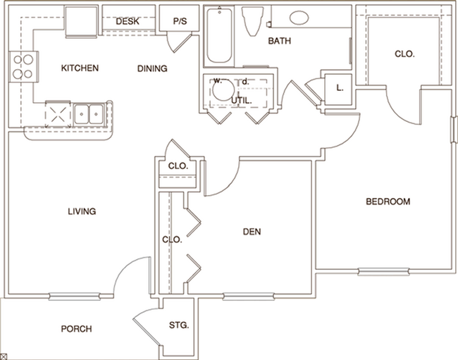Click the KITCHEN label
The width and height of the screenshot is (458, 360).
80,68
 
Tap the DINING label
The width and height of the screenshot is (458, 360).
151,69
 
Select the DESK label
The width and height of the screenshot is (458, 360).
127,21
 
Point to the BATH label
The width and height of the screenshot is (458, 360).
280,42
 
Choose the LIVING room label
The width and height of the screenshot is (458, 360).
82,211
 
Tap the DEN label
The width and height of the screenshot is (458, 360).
252,230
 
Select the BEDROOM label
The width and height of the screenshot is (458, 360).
388,202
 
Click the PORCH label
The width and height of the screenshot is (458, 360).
77,329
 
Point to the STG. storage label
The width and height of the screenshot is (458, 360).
179,325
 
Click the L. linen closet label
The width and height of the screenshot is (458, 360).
340,88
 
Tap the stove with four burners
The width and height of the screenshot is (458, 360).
21,66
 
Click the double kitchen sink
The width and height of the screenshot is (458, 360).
88,111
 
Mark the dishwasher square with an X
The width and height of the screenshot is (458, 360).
56,111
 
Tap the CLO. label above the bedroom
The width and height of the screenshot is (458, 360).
404,54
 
